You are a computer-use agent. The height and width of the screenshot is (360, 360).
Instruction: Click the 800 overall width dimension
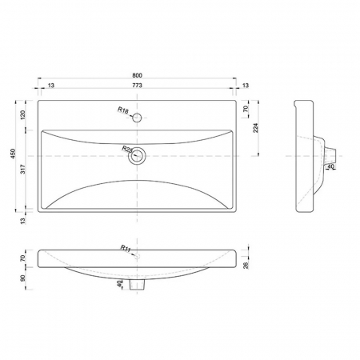137,75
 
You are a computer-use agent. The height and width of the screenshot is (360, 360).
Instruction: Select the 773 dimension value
137,86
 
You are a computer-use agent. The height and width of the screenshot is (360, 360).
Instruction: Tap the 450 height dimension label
13,154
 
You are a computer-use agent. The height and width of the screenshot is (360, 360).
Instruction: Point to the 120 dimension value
23,114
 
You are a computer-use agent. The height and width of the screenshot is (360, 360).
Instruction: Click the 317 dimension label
23,169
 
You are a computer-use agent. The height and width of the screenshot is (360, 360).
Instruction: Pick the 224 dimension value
256,128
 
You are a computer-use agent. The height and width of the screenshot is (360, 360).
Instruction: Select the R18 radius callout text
123,110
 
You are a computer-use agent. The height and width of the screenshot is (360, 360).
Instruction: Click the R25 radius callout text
127,149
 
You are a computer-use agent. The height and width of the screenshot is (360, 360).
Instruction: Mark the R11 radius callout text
126,249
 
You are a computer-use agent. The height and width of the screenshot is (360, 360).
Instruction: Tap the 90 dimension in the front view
23,278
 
